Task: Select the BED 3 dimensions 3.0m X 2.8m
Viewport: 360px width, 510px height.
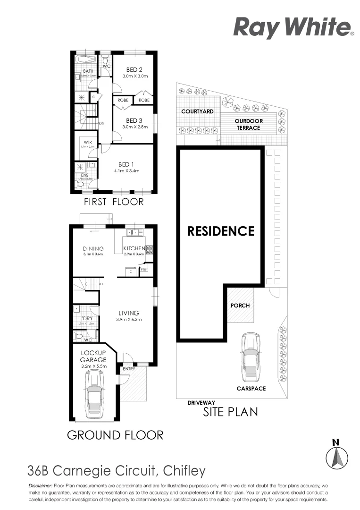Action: click(x=135, y=127)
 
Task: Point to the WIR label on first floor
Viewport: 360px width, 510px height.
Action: click(x=87, y=142)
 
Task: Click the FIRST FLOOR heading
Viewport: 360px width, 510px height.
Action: click(x=114, y=202)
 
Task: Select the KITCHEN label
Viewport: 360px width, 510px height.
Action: click(x=134, y=248)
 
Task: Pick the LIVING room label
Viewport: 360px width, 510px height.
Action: click(x=128, y=313)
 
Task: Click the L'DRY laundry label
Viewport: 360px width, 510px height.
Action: click(x=86, y=318)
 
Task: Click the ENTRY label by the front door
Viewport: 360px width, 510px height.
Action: click(x=128, y=369)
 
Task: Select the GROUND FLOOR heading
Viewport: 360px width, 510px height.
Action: click(x=115, y=435)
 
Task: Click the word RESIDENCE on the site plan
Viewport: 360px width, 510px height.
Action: click(x=221, y=231)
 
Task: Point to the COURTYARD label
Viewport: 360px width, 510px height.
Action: click(x=197, y=111)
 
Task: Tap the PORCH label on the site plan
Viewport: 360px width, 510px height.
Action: click(x=240, y=305)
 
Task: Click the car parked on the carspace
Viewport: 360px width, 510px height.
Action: click(x=250, y=357)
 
